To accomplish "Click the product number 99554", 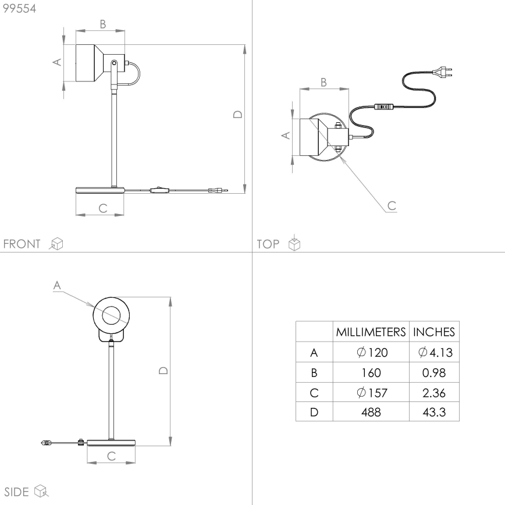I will (19, 9).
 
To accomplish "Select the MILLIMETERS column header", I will (371, 332).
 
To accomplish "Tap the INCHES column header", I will (434, 332).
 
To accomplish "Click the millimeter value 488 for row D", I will (371, 412).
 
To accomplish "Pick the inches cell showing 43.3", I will (434, 412).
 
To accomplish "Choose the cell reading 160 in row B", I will (371, 372).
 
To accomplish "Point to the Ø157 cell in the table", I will (371, 393).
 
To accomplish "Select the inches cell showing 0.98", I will (434, 372).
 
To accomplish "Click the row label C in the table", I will (314, 393).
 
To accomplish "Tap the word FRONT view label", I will (22, 244).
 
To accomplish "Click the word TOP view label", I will (268, 244).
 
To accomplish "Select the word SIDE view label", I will (17, 492).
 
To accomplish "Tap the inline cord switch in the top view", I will (384, 106).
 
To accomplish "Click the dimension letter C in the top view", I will (392, 205).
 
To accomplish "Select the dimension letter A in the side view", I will (56, 285).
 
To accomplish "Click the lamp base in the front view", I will (100, 190).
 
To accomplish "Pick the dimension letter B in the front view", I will (102, 24).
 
